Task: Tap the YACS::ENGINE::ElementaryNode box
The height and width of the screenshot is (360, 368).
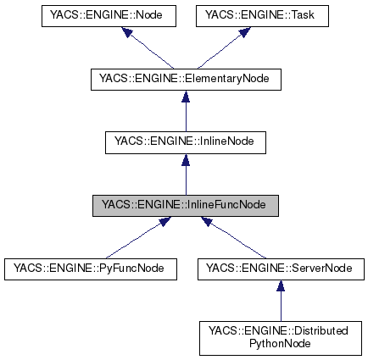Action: coord(185,80)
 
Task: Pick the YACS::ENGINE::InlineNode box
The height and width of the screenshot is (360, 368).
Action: coord(185,141)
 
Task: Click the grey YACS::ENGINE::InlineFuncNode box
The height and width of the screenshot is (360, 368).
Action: coord(185,204)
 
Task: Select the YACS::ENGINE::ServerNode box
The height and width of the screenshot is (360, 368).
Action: coord(280,269)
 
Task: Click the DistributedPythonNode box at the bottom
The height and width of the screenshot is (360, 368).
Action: coord(281,337)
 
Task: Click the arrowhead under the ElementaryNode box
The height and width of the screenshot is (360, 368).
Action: coord(185,97)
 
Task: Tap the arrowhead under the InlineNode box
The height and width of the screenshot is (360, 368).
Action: coord(185,159)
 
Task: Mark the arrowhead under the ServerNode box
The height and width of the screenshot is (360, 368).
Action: coord(281,285)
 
